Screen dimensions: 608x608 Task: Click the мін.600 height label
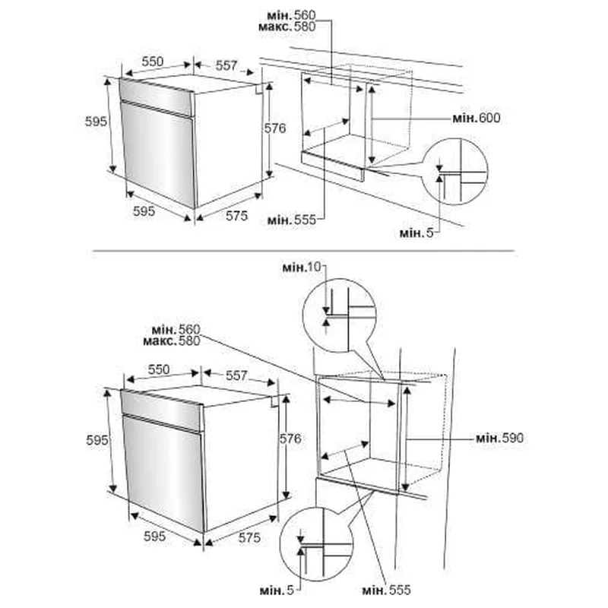[477, 118]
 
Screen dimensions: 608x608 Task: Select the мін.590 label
[499, 439]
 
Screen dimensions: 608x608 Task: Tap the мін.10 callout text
[302, 268]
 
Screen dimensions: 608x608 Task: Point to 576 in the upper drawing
[275, 128]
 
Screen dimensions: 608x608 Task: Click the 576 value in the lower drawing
[290, 439]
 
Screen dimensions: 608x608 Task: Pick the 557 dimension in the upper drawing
[226, 65]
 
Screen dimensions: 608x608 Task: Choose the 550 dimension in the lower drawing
[159, 369]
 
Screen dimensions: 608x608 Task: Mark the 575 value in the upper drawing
[236, 216]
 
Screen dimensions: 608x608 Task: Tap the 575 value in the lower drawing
[249, 537]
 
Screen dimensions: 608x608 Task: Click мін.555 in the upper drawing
[292, 220]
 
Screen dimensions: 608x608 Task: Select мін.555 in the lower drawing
[386, 591]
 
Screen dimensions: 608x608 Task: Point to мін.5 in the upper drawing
[416, 233]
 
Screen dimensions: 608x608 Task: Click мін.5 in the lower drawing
[277, 591]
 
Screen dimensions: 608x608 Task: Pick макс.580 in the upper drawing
[287, 27]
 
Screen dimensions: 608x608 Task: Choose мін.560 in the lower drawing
[176, 330]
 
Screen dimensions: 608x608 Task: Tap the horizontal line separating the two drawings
[303, 251]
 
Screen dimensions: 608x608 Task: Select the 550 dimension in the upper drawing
[153, 62]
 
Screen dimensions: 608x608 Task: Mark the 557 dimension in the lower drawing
[236, 375]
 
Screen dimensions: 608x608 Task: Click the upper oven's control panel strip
[157, 97]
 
